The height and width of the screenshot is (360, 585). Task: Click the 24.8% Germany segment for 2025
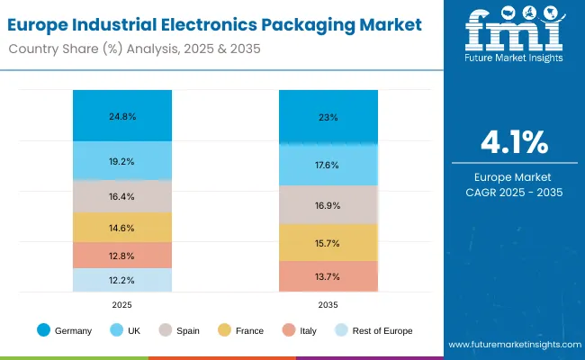pyautogui.click(x=122, y=116)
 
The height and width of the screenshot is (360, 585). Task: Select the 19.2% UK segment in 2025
pyautogui.click(x=122, y=162)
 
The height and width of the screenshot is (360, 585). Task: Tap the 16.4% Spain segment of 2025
pyautogui.click(x=122, y=196)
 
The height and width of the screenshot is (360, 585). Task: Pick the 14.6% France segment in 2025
pyautogui.click(x=122, y=228)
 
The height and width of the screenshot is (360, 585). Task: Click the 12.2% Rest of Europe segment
pyautogui.click(x=122, y=280)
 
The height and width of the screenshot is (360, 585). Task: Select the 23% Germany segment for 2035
pyautogui.click(x=328, y=117)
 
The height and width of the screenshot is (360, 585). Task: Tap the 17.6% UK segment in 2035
pyautogui.click(x=328, y=165)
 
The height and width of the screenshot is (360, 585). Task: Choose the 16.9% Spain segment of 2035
pyautogui.click(x=328, y=204)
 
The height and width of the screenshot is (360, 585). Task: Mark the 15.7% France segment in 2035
pyautogui.click(x=328, y=243)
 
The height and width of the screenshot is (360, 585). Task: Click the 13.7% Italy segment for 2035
pyautogui.click(x=328, y=276)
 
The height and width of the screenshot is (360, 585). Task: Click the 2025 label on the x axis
pyautogui.click(x=122, y=305)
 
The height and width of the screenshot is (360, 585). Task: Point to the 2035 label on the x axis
pyautogui.click(x=328, y=305)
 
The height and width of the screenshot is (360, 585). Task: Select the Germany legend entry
pyautogui.click(x=67, y=331)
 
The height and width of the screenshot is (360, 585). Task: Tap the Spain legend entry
pyautogui.click(x=179, y=331)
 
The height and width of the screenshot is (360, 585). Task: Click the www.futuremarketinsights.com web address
pyautogui.click(x=512, y=345)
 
